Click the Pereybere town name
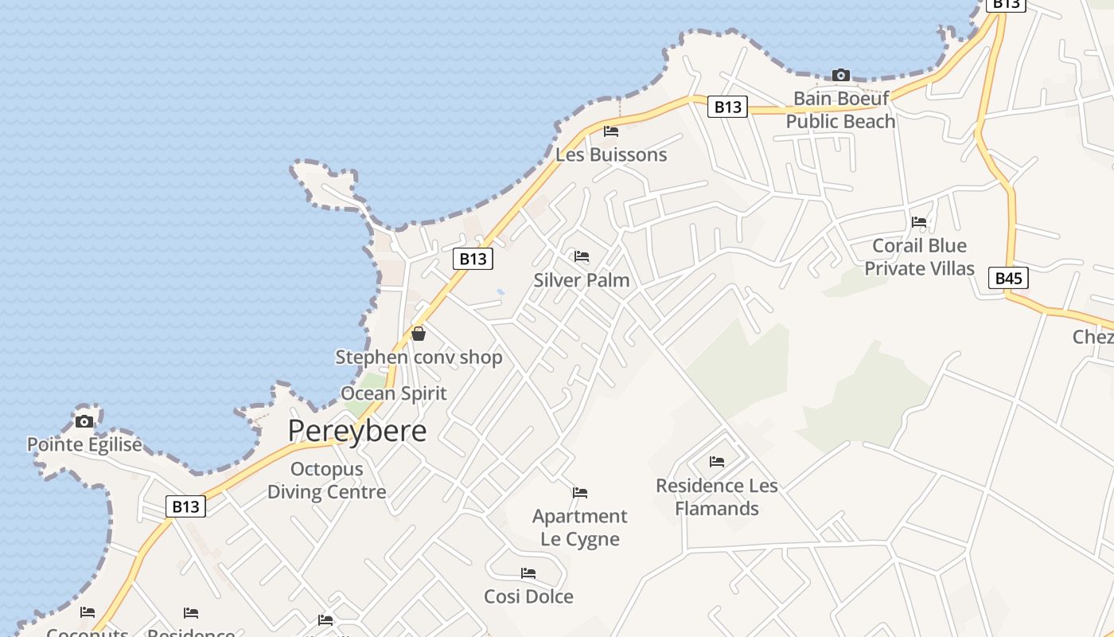point(356,431)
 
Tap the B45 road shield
point(1008,278)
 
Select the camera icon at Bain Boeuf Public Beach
point(840,76)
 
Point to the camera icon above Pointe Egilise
point(84,421)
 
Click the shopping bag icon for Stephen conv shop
point(418,334)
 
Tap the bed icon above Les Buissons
point(611,131)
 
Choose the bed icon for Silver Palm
point(582,256)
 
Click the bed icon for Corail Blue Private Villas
point(919,221)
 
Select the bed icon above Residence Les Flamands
point(717,461)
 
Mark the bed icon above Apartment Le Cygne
point(580,493)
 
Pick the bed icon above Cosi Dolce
point(528,573)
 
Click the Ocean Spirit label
point(394,393)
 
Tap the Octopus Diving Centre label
point(326,480)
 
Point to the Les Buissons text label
point(611,154)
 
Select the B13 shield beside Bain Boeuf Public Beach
point(727,107)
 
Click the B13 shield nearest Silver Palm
point(473,259)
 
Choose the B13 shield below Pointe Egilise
point(185,506)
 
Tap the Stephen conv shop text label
point(419,358)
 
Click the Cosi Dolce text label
point(528,596)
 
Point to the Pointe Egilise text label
point(84,444)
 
